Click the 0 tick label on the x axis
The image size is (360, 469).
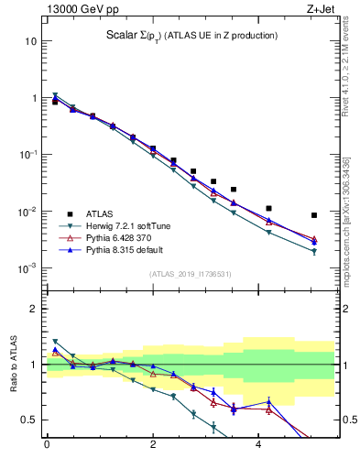(x=47, y=448)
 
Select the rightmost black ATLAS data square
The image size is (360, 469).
(x=314, y=215)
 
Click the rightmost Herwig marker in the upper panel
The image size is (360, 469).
(x=314, y=252)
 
